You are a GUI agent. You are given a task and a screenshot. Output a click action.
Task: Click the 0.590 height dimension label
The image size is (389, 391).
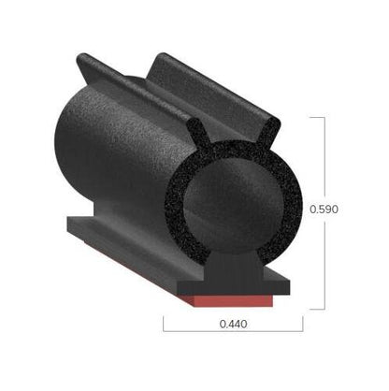[324, 210]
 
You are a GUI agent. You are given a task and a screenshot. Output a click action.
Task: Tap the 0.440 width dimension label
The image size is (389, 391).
[234, 324]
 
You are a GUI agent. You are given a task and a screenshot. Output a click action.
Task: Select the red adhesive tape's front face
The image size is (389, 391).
[233, 300]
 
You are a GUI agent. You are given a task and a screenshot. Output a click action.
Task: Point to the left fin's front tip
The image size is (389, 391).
[194, 122]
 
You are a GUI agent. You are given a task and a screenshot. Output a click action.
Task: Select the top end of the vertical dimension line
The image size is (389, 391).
[324, 117]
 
